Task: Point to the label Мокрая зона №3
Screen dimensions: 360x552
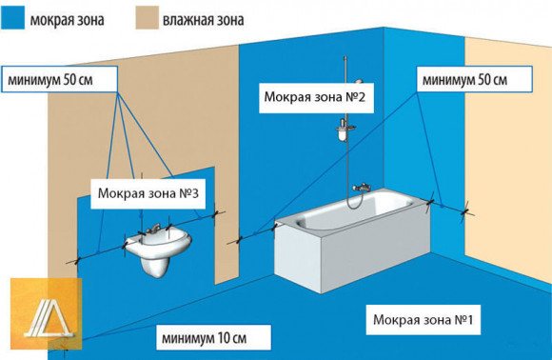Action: pos(153,194)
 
